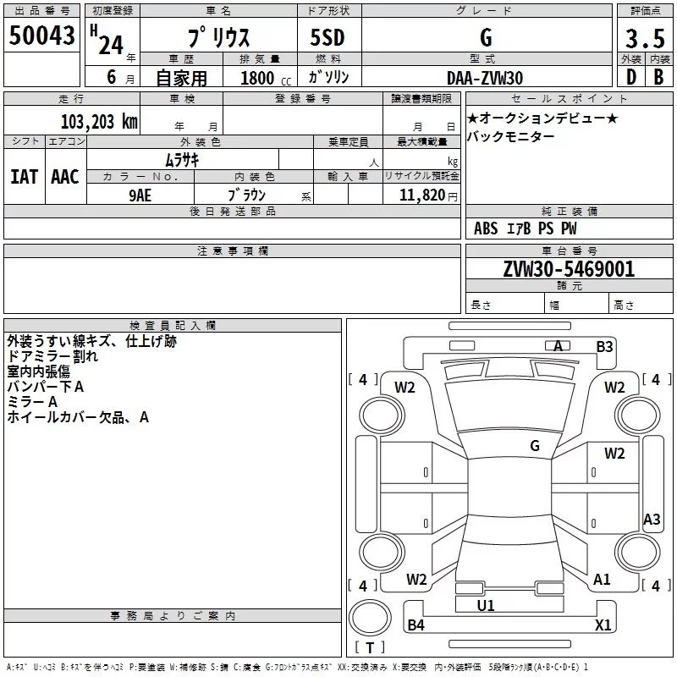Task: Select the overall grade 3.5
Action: click(644, 39)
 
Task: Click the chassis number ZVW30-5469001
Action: click(569, 269)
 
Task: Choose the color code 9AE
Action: click(140, 194)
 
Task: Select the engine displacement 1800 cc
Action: click(261, 78)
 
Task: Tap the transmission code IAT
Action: click(24, 176)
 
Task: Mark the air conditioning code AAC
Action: click(65, 176)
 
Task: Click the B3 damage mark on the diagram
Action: click(604, 346)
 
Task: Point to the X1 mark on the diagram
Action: click(603, 625)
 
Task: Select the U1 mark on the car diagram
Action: click(486, 605)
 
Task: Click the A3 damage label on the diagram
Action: click(652, 520)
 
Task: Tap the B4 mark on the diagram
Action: click(416, 625)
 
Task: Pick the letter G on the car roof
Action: click(535, 445)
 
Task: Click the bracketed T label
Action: click(370, 648)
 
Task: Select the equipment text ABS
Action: click(486, 228)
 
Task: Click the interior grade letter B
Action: click(658, 76)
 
